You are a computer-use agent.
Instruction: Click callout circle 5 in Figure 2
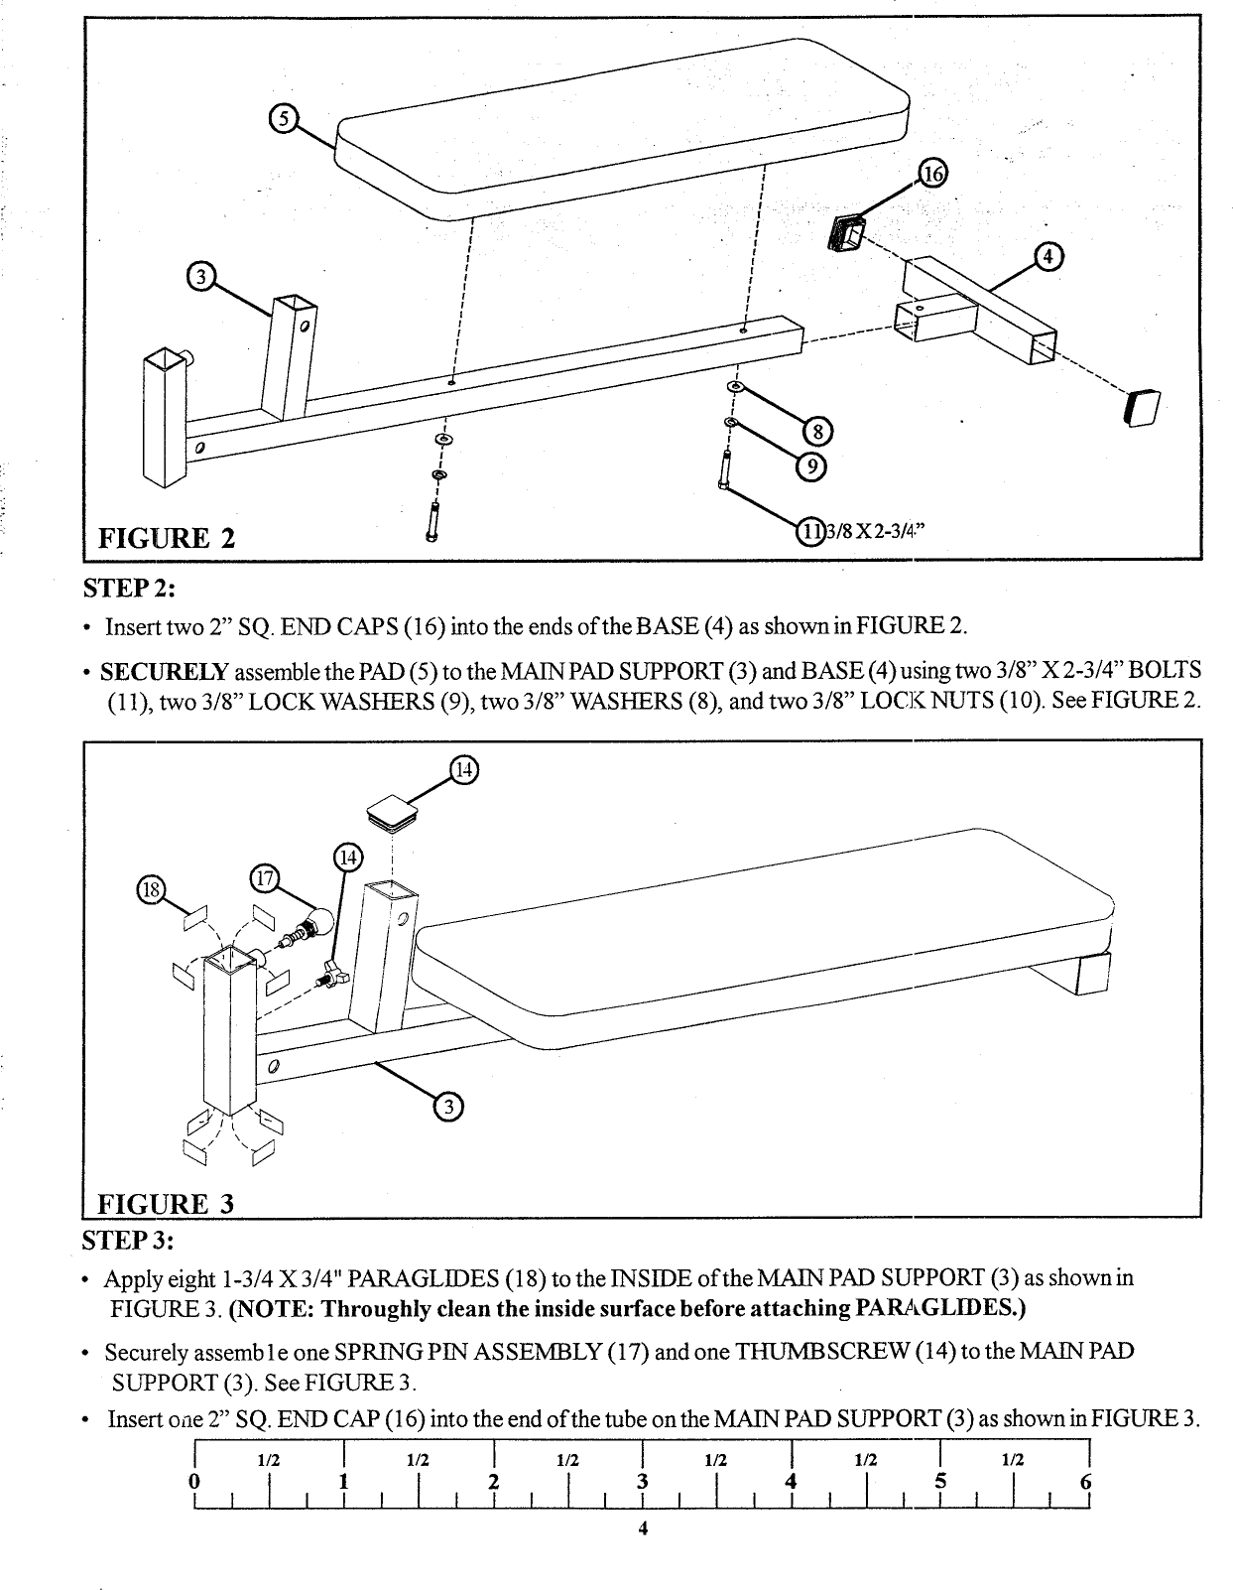284,119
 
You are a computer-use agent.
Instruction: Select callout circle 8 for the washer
818,432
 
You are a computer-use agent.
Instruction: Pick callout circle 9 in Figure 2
810,465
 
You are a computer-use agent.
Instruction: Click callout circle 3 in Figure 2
201,276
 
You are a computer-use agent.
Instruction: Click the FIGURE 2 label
167,538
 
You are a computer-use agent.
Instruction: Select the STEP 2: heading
128,588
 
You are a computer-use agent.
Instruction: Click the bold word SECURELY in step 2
165,669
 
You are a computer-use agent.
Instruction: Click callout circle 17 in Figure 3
265,877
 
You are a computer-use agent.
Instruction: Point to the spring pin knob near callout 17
319,924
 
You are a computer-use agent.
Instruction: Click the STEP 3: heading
128,1241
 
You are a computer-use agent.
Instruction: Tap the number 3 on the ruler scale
642,1482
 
